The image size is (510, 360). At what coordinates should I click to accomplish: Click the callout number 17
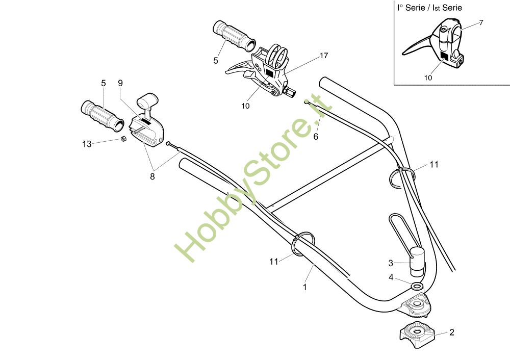324,56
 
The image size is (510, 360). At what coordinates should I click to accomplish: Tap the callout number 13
87,144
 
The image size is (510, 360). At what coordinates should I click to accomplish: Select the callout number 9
120,83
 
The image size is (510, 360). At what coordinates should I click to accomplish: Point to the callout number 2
451,332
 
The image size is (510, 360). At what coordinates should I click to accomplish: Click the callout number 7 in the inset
481,22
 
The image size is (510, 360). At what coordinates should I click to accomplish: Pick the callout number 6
316,137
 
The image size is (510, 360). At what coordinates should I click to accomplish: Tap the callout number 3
391,263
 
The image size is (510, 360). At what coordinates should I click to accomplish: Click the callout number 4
391,277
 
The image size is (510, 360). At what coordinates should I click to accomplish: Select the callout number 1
305,287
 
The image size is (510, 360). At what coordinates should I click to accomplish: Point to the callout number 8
152,176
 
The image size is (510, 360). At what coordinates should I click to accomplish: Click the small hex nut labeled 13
123,139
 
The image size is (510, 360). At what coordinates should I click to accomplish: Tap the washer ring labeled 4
417,287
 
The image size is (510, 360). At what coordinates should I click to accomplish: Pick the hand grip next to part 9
102,116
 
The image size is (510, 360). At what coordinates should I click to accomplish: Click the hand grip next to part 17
234,36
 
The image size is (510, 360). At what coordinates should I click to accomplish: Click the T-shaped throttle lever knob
148,99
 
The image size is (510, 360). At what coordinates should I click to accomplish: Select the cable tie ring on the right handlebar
403,177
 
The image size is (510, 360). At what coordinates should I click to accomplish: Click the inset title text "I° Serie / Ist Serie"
429,8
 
